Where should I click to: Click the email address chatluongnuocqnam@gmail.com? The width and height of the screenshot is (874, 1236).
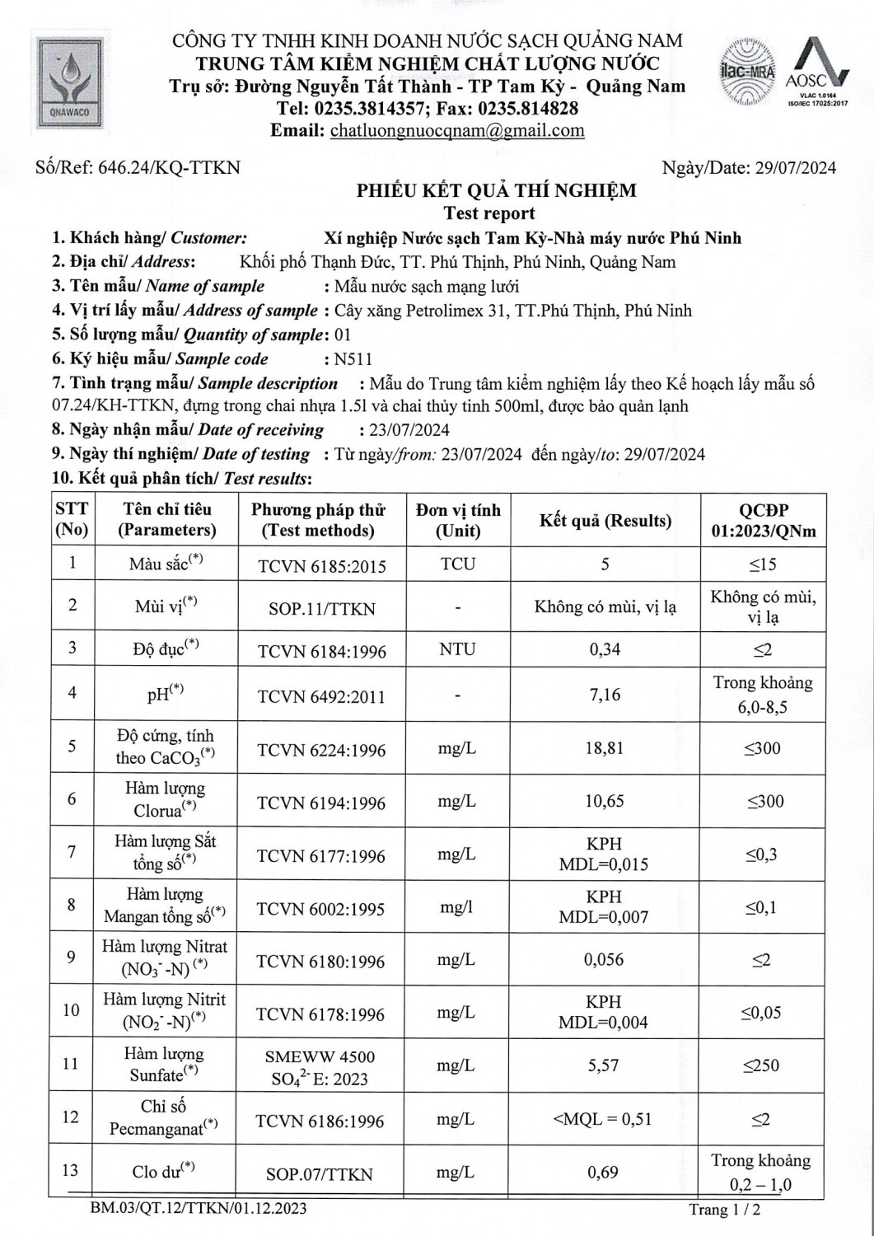[457, 130]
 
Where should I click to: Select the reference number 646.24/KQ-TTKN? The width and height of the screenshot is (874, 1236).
[169, 168]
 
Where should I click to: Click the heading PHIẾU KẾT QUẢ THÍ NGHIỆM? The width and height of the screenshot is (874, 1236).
[496, 191]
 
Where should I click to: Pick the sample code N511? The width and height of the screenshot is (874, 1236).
[353, 359]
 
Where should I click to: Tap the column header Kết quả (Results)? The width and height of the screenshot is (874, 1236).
[605, 521]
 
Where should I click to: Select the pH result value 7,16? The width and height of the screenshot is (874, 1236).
[605, 695]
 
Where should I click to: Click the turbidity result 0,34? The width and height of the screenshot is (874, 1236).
[605, 649]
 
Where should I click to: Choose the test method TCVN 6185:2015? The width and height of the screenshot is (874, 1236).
[321, 566]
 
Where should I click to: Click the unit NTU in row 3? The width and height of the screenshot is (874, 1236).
[457, 649]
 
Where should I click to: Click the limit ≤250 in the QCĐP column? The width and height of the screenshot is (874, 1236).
[762, 1065]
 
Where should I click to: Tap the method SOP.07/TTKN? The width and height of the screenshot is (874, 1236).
[320, 1174]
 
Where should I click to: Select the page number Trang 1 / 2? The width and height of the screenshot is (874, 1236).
[725, 1210]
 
